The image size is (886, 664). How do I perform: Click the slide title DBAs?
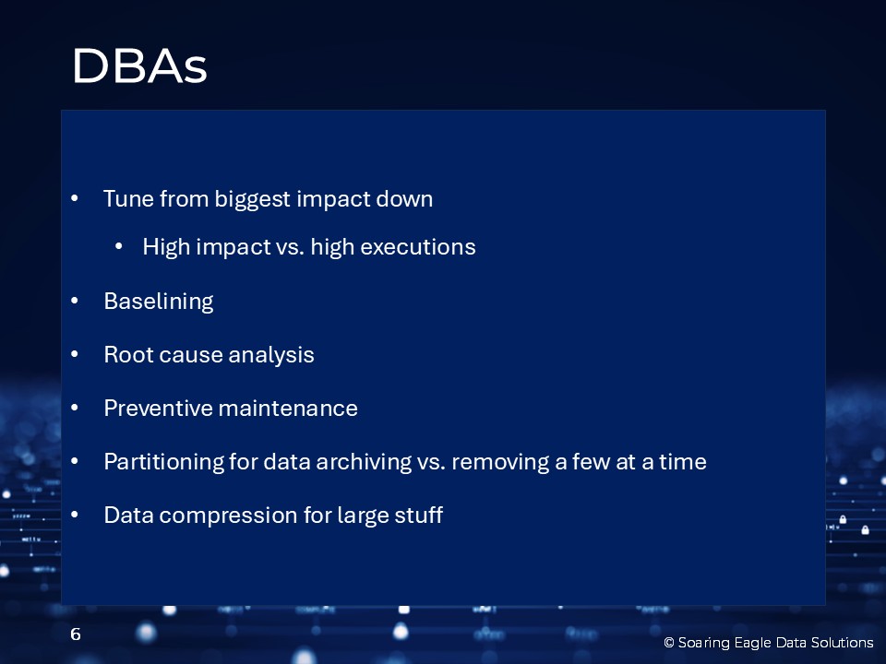139,66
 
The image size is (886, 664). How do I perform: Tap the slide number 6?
76,634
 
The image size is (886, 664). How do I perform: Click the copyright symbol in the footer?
669,643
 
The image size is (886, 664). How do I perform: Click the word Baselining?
159,302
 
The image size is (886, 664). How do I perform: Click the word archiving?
364,462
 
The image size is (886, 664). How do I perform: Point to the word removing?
500,462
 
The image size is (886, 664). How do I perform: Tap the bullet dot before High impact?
119,246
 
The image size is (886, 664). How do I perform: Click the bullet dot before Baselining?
75,301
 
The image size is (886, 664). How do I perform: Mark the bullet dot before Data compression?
75,515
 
